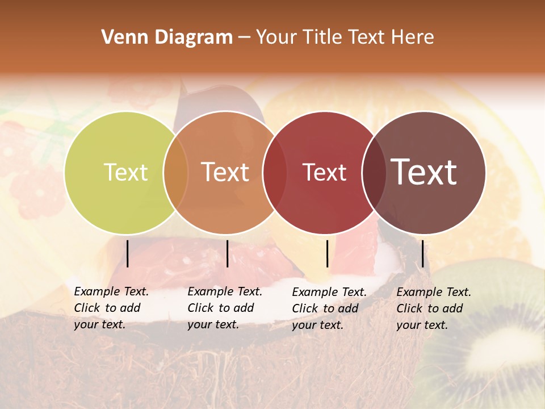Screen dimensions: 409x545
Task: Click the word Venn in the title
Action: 121,37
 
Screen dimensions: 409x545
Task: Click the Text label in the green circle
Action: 125,172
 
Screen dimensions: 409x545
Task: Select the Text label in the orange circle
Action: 225,172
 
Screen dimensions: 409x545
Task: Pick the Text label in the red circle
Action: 324,172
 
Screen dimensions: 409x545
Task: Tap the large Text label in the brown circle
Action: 424,172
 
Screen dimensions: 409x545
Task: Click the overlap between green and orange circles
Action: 176,172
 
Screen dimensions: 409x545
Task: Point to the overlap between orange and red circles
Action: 275,172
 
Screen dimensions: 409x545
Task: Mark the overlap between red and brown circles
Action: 374,172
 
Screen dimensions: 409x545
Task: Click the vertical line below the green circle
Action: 127,253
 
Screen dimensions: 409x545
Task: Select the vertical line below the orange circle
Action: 227,253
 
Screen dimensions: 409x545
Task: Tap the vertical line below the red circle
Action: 327,253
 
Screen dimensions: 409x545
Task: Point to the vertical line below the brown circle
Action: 422,253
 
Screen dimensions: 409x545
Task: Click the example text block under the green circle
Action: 111,308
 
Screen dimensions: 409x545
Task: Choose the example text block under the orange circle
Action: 224,308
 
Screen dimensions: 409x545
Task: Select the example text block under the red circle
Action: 329,308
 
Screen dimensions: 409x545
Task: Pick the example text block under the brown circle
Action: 433,308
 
